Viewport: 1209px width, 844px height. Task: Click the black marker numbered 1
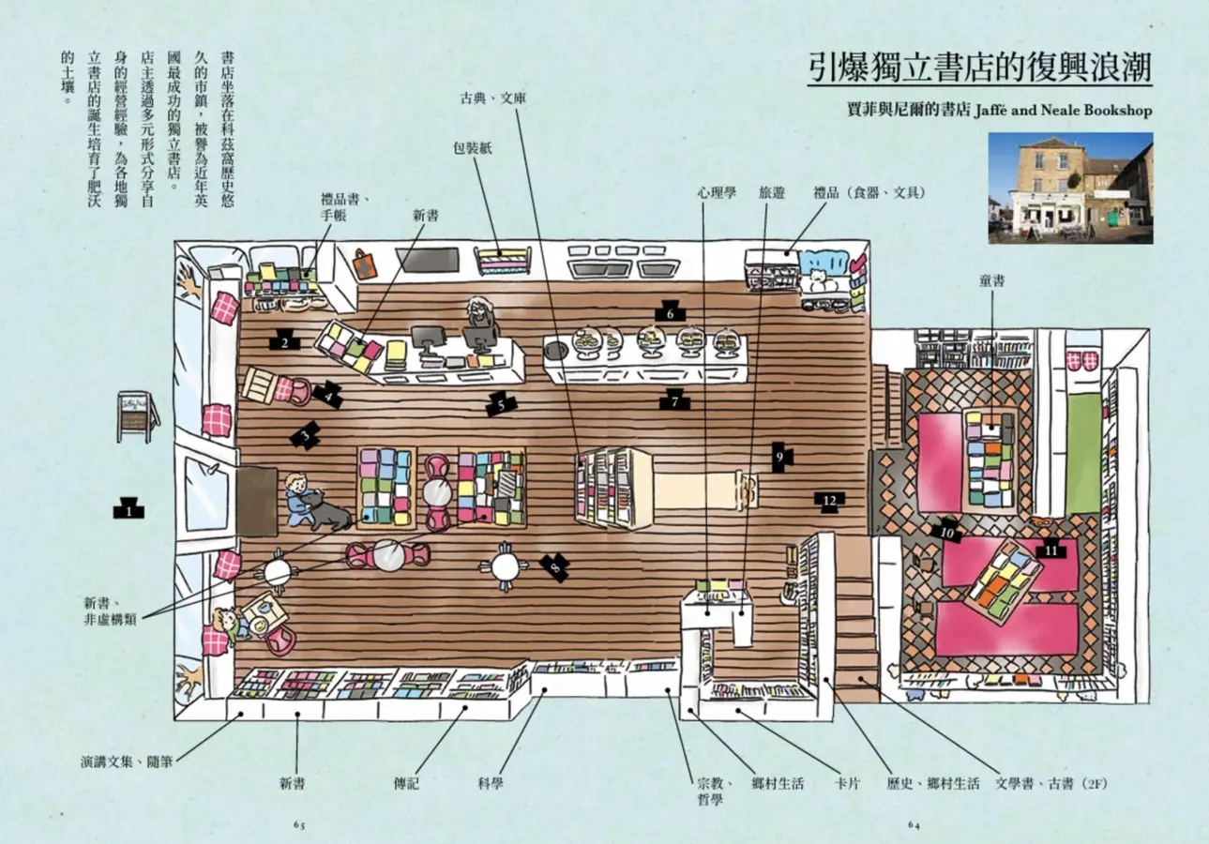click(128, 509)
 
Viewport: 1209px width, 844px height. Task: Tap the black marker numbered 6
click(670, 312)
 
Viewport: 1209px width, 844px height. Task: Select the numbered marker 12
click(829, 502)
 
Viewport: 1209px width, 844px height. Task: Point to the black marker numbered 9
click(780, 458)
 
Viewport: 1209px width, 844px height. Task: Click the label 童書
click(991, 280)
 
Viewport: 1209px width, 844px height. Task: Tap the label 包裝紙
click(473, 148)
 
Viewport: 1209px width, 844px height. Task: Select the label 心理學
click(717, 192)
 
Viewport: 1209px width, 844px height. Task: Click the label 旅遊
click(771, 192)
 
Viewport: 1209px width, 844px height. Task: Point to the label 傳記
click(406, 783)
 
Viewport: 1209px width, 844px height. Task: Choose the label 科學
click(491, 783)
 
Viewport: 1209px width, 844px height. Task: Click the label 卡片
click(846, 783)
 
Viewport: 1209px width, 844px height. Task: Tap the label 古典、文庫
click(492, 98)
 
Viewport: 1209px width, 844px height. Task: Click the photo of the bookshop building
click(1071, 188)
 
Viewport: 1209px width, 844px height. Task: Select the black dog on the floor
click(323, 509)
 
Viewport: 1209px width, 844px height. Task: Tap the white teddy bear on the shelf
click(820, 280)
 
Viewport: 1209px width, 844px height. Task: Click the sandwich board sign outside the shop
click(137, 416)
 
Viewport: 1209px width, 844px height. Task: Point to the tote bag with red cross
click(365, 264)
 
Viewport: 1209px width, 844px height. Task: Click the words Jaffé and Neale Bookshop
click(1064, 110)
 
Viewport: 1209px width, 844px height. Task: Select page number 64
click(914, 824)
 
